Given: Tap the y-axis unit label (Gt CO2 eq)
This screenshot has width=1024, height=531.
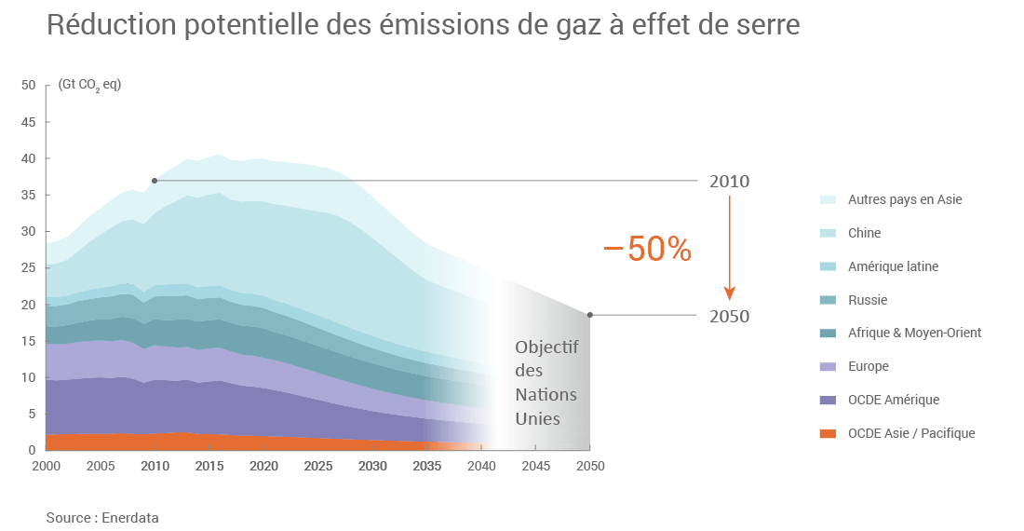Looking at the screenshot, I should pos(89,85).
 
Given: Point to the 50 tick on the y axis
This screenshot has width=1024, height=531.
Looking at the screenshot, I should pos(28,85).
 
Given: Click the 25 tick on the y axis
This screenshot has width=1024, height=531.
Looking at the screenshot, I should pos(28,268).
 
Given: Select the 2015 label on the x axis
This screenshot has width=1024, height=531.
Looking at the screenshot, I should pos(209,466).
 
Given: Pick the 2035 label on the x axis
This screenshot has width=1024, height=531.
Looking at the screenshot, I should pos(426,466).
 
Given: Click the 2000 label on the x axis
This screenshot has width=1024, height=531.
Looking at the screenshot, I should pos(46,466).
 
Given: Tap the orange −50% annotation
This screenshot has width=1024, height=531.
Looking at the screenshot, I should pos(648,249).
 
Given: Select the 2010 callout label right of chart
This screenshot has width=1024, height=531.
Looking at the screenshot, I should pos(729,182).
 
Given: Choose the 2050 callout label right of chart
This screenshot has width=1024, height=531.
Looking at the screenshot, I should pos(729,317).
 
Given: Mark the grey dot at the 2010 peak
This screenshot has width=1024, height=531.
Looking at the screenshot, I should pos(155,181).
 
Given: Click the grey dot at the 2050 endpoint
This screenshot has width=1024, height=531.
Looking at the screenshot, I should pos(590,315).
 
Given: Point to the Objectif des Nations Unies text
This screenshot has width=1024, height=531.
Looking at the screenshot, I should pos(546,383).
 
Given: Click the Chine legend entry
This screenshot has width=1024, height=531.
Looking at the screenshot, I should pos(864,233).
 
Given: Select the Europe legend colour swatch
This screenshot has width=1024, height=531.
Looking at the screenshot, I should pos(828,367).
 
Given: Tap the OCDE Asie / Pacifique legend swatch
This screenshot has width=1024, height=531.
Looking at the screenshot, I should pos(828,434).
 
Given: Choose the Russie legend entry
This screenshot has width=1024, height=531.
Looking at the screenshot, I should pos(867,300).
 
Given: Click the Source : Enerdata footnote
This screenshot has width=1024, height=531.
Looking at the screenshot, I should pos(96,517).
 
